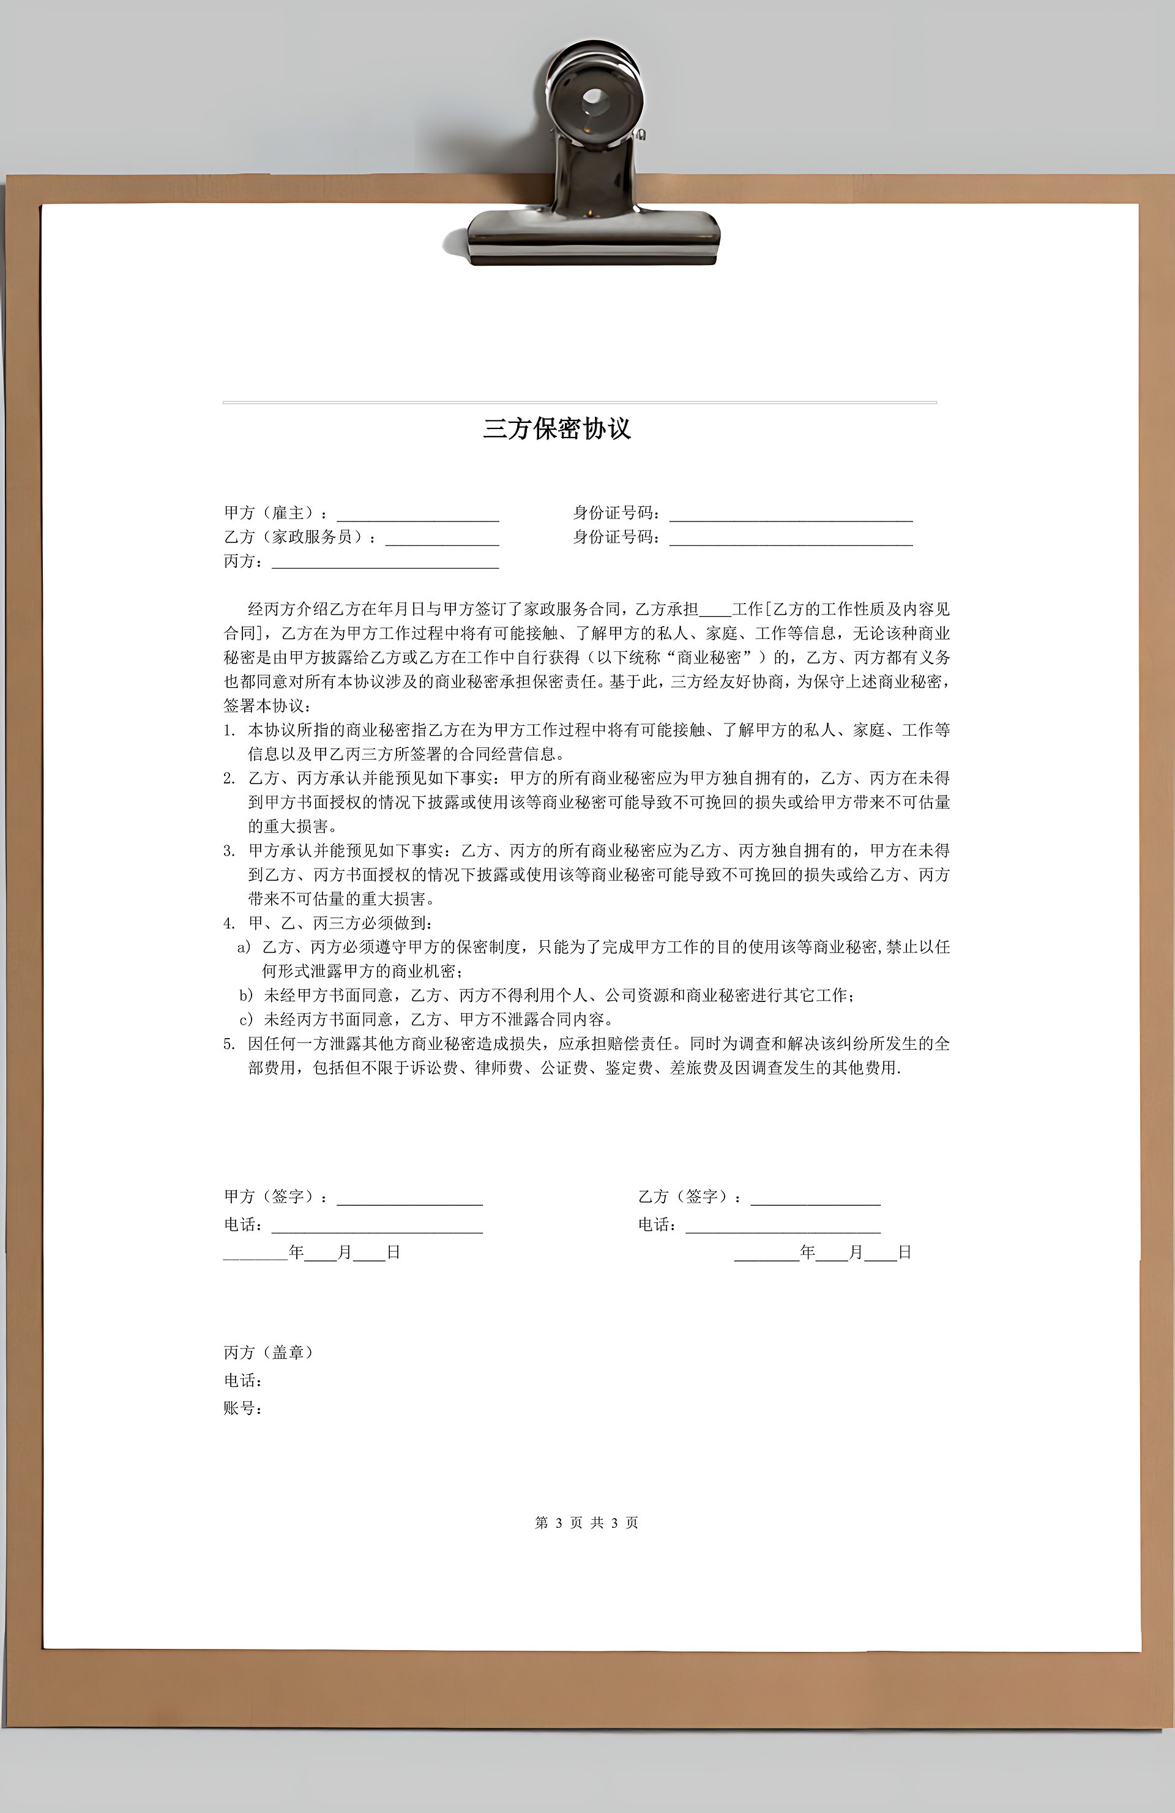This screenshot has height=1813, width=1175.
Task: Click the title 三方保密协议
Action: click(557, 429)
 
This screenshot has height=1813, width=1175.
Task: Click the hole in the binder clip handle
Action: click(592, 99)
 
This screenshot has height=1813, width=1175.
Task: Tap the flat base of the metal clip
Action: click(593, 236)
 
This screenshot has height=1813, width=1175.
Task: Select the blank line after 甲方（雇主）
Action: click(417, 515)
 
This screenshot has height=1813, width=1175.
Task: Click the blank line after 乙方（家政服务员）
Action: click(442, 539)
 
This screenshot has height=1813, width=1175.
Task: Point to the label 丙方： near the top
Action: click(244, 561)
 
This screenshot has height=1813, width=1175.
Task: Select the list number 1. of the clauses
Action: click(229, 731)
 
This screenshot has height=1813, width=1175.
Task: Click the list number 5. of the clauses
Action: click(229, 1044)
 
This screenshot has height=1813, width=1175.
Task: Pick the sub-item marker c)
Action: click(246, 1019)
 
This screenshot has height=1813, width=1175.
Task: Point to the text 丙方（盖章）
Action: click(268, 1352)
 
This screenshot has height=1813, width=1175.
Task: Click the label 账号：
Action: click(243, 1408)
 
